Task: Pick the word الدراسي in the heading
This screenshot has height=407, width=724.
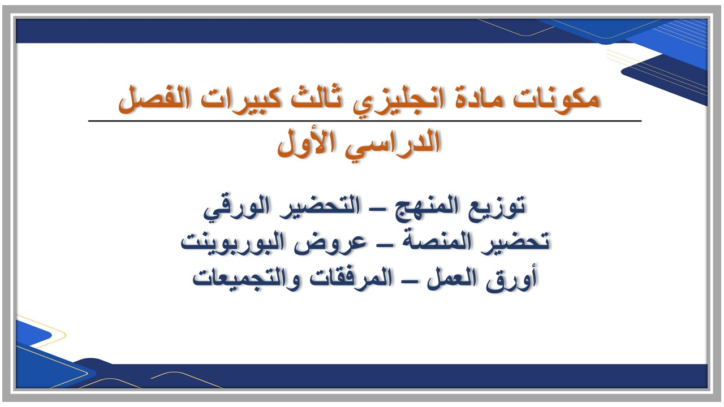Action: pos(395,144)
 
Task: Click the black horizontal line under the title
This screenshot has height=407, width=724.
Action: pos(365,121)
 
